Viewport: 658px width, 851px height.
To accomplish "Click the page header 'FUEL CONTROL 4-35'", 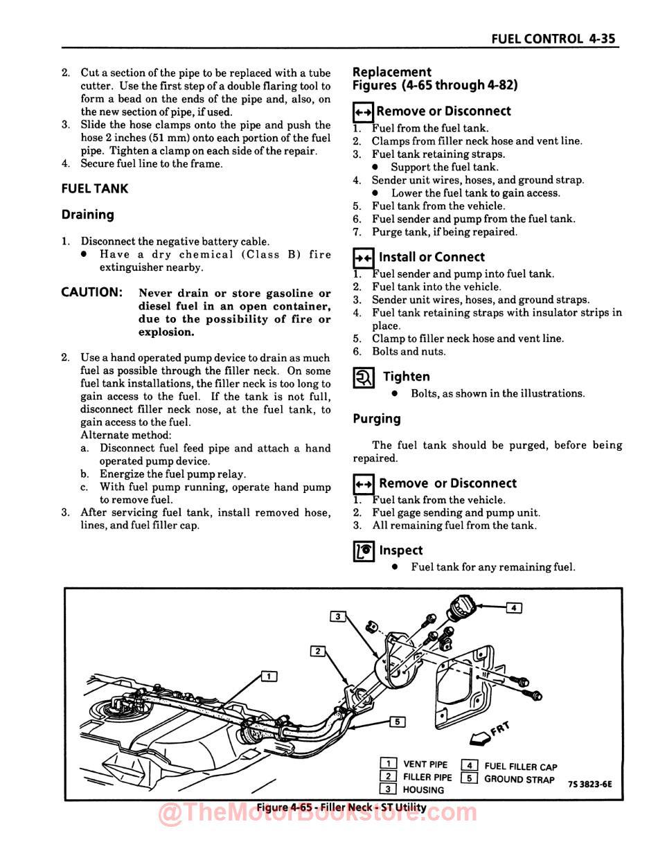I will pyautogui.click(x=553, y=39).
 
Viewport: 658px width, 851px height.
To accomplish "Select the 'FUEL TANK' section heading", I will pyautogui.click(x=95, y=189).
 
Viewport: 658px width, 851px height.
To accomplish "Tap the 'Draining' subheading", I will pyautogui.click(x=88, y=215).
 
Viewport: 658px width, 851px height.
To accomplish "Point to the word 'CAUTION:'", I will pyautogui.click(x=92, y=292).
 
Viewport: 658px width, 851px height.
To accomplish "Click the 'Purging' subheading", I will pyautogui.click(x=377, y=419).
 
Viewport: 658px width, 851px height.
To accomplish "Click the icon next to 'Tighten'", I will pyautogui.click(x=364, y=377).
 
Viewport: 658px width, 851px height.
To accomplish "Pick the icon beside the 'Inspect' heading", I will pyautogui.click(x=364, y=551).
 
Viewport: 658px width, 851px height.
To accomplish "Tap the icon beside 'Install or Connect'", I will pyautogui.click(x=364, y=258).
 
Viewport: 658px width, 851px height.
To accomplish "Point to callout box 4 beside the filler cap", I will pyautogui.click(x=513, y=608).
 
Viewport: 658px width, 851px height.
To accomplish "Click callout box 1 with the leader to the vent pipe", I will pyautogui.click(x=269, y=676).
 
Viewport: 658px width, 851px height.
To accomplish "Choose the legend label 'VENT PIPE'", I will pyautogui.click(x=425, y=764).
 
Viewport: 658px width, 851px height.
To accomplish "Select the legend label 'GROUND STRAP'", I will pyautogui.click(x=519, y=779).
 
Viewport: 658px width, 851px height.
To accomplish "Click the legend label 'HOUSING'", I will pyautogui.click(x=423, y=790).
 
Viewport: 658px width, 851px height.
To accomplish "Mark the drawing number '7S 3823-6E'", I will pyautogui.click(x=589, y=784).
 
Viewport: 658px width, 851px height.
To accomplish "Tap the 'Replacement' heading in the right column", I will pyautogui.click(x=392, y=72).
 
